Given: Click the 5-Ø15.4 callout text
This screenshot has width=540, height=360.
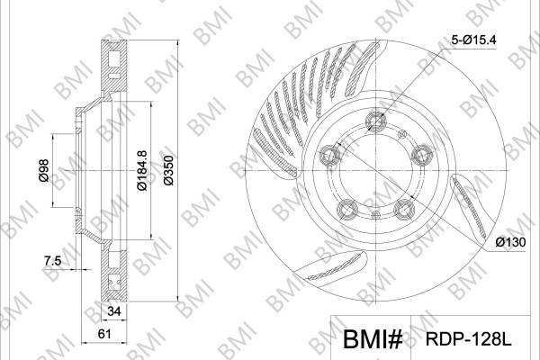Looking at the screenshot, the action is tap(473, 40).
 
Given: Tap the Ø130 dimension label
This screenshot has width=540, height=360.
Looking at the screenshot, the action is tap(510, 242).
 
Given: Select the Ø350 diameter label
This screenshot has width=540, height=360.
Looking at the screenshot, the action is tap(169, 171).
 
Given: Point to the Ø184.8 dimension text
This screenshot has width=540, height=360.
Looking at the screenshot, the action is tap(142, 170).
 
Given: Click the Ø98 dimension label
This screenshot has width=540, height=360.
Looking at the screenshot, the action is tap(44, 171).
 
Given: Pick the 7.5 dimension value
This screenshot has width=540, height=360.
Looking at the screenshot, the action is tap(52, 261).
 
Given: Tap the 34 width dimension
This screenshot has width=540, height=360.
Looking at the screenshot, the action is tap(114, 311).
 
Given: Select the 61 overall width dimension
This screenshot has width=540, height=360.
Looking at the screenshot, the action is tap(104, 334).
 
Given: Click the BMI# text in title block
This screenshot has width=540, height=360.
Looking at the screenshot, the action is tap(373, 339).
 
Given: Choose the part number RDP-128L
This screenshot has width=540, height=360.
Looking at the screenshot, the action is tap(469, 339).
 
